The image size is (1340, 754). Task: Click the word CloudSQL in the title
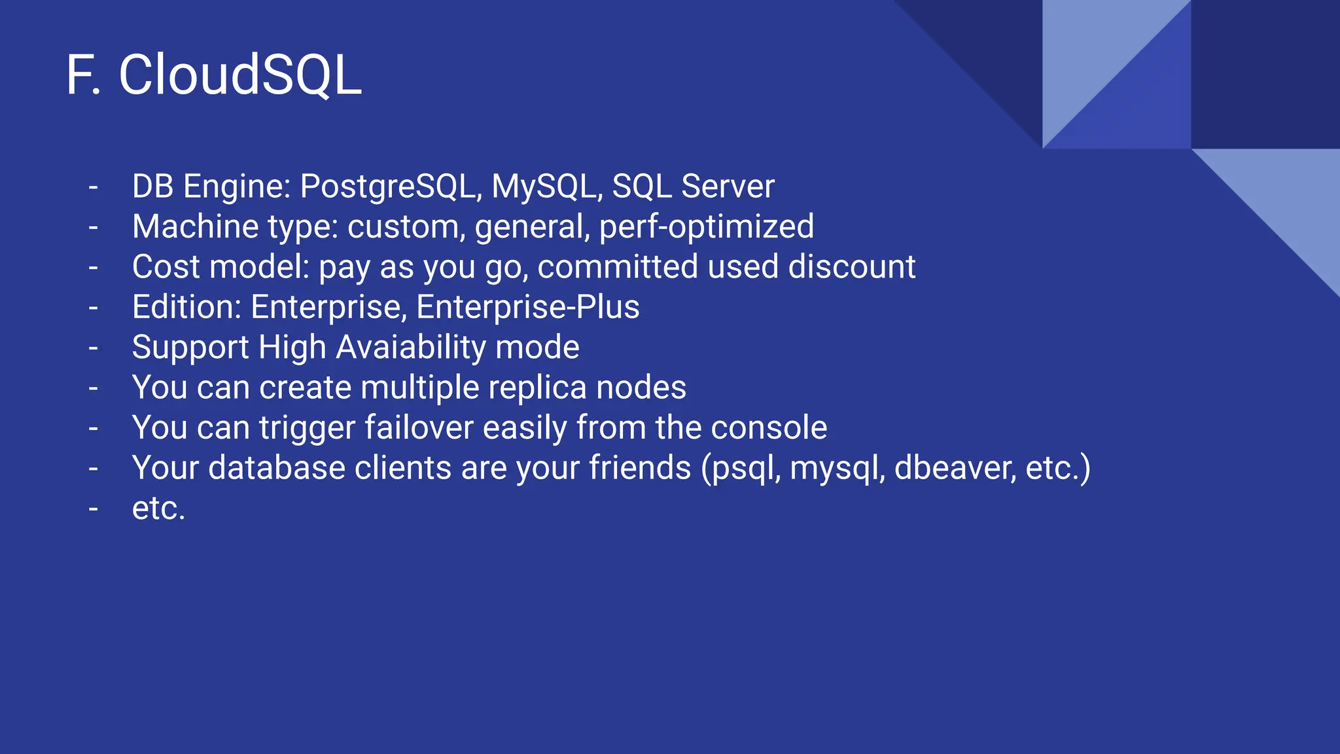click(239, 75)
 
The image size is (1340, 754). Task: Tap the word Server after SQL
click(728, 187)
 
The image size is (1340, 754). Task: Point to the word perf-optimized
click(707, 227)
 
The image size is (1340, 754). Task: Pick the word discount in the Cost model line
click(851, 267)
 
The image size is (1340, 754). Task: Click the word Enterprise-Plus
click(527, 307)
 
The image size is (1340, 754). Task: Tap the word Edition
click(187, 307)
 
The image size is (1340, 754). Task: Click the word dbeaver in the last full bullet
click(955, 468)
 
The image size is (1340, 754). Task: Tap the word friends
click(640, 468)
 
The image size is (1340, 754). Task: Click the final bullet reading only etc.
click(158, 509)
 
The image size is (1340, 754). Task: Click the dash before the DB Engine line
click(94, 187)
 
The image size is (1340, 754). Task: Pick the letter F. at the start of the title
click(83, 75)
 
